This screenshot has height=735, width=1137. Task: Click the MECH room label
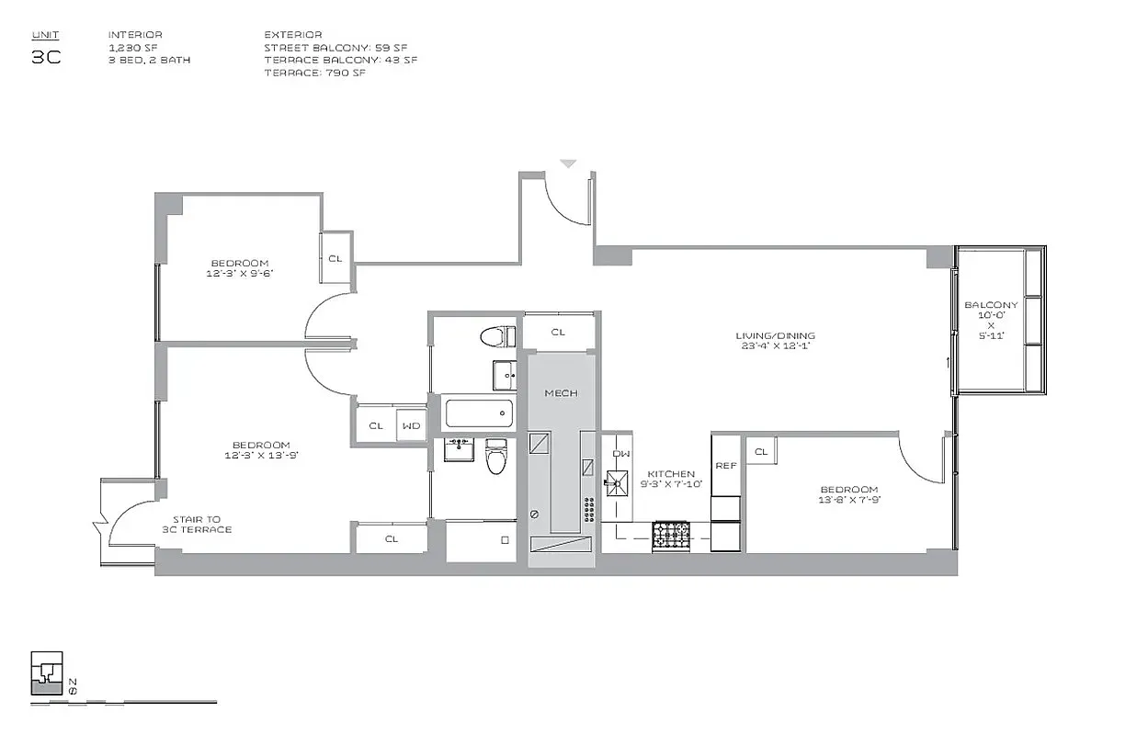[561, 393]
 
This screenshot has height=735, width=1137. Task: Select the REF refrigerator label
[726, 466]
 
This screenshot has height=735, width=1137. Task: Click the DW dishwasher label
[621, 454]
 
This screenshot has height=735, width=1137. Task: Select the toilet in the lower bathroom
[496, 457]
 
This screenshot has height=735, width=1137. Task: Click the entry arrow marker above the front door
[568, 164]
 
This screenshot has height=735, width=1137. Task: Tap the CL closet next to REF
[761, 451]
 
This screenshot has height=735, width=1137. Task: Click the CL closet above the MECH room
[559, 332]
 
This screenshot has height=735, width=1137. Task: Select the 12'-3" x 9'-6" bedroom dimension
[240, 273]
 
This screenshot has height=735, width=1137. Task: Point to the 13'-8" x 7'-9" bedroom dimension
[849, 501]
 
